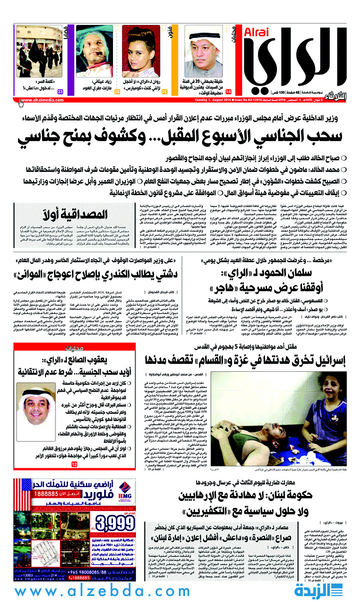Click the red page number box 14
[228, 92]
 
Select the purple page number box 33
[60, 92]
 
